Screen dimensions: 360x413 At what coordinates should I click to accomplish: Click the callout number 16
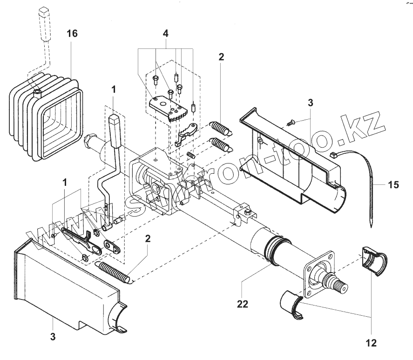point(72,34)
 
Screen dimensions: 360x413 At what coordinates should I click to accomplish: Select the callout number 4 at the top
point(166,34)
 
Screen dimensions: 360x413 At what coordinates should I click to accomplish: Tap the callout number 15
point(393,185)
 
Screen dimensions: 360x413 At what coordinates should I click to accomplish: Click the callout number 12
point(371,344)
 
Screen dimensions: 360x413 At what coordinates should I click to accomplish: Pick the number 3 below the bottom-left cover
point(53,336)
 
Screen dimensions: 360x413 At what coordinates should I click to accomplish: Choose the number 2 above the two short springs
point(221,57)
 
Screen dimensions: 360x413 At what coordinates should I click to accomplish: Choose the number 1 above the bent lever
point(114,88)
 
